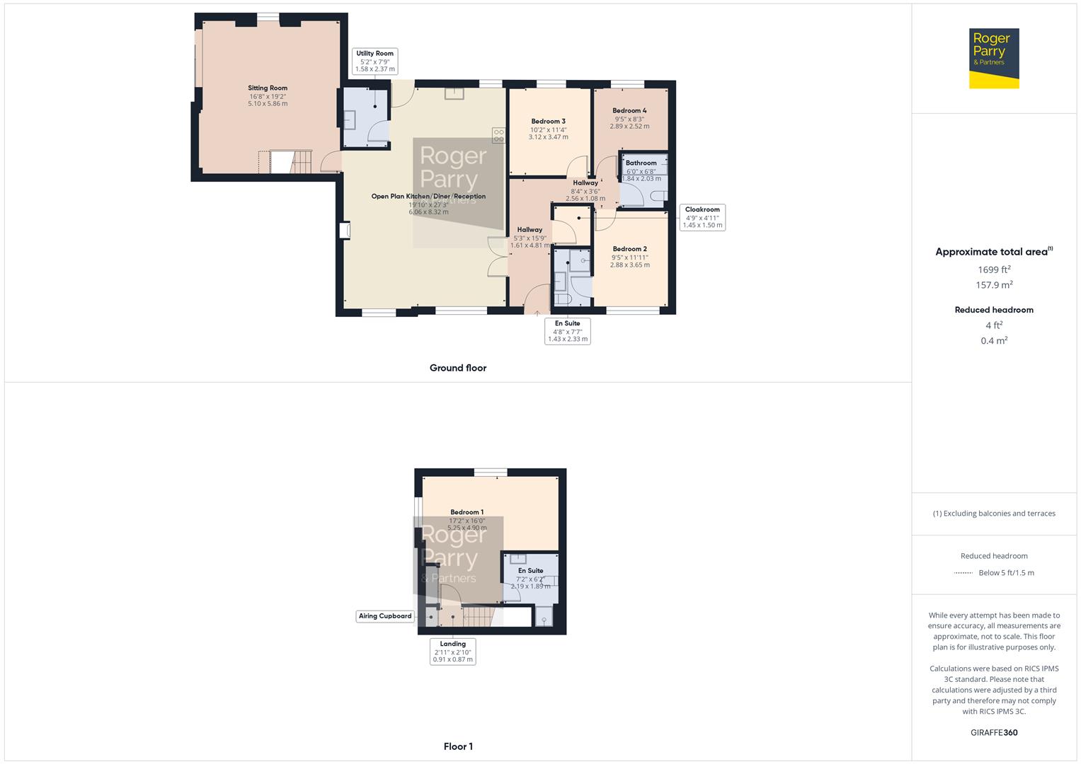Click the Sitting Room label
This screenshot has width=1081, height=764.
[268, 88]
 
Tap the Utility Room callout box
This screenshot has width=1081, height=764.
[374, 61]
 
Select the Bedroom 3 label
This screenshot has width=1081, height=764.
[548, 121]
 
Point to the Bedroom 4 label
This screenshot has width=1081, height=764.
[629, 110]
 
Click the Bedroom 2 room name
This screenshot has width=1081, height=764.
[629, 249]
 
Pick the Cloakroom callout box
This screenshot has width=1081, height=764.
[702, 217]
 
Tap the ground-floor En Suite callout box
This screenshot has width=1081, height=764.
[567, 331]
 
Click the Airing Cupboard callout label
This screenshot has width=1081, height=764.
[385, 616]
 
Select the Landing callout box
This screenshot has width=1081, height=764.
[452, 652]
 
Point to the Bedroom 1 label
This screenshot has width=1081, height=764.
[467, 512]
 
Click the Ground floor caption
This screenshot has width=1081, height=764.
[458, 368]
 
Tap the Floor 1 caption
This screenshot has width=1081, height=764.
[458, 746]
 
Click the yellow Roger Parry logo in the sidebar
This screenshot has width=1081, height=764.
[994, 59]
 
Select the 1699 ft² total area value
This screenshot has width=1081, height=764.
[994, 270]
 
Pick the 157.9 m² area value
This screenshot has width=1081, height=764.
[994, 285]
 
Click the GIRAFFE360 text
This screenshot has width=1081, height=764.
[994, 733]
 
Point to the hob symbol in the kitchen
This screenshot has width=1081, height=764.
[498, 134]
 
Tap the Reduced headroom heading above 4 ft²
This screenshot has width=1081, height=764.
[994, 310]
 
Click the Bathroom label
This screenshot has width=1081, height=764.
[641, 163]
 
